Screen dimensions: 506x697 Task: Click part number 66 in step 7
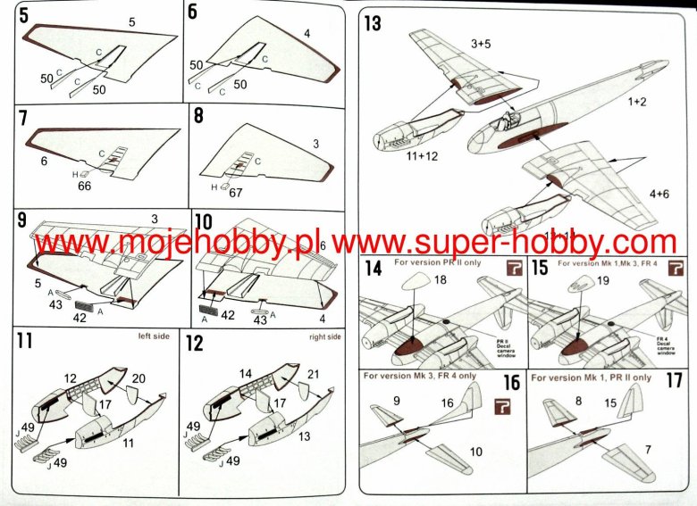coord(86,186)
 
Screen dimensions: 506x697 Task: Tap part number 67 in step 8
coord(236,191)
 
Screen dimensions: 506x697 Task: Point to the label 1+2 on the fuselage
coord(636,103)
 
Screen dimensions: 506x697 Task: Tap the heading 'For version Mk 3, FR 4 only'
coord(419,376)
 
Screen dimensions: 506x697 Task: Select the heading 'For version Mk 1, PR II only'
coord(591,377)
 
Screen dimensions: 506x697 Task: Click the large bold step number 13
coord(372,22)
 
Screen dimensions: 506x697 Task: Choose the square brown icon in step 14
coord(512,270)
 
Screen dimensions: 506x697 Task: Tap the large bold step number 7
coord(23,118)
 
